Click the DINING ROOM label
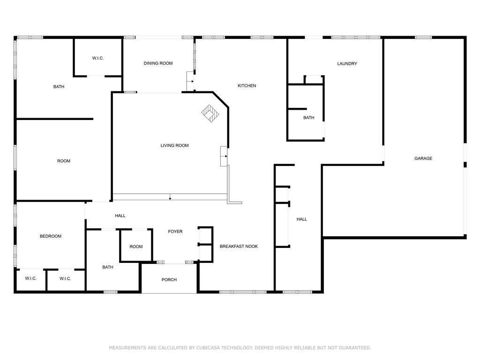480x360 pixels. pyautogui.click(x=158, y=63)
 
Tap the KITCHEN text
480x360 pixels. pyautogui.click(x=247, y=86)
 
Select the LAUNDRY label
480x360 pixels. pyautogui.click(x=347, y=64)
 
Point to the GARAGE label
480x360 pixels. pyautogui.click(x=423, y=158)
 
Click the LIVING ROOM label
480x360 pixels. pyautogui.click(x=174, y=146)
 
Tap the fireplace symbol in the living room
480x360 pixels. pyautogui.click(x=210, y=112)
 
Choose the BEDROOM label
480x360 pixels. pyautogui.click(x=50, y=236)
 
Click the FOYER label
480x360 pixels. pyautogui.click(x=175, y=232)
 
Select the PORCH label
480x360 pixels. pyautogui.click(x=169, y=280)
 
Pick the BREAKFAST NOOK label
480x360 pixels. pyautogui.click(x=239, y=247)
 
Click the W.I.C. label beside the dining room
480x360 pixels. pyautogui.click(x=97, y=58)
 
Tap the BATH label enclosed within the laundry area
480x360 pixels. pyautogui.click(x=308, y=118)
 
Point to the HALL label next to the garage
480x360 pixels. pyautogui.click(x=302, y=219)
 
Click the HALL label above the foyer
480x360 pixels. pyautogui.click(x=120, y=216)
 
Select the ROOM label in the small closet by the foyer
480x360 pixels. pyautogui.click(x=136, y=247)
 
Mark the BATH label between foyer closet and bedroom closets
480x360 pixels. pyautogui.click(x=108, y=267)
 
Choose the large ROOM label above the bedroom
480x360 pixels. pyautogui.click(x=64, y=161)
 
